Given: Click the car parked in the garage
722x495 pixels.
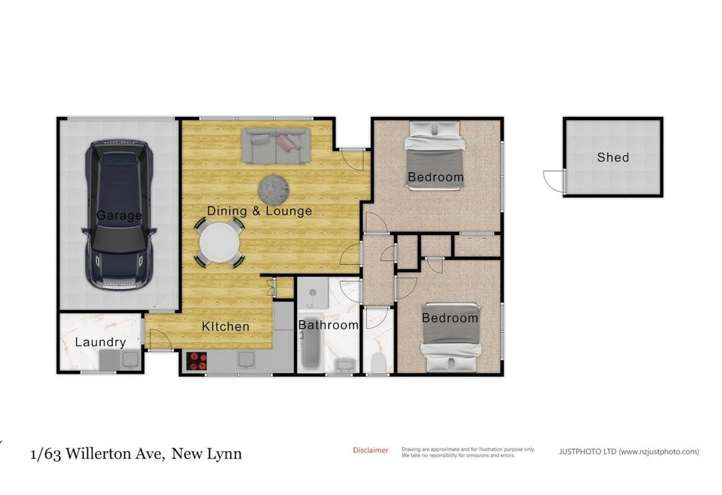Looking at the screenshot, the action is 119,215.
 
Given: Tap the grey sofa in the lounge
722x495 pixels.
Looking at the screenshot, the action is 276,146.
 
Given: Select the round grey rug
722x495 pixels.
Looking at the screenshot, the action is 273,189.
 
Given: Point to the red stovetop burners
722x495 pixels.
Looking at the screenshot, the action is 197,361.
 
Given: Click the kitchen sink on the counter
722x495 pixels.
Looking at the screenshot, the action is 246,361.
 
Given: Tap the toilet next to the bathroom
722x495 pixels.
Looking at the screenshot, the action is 378,363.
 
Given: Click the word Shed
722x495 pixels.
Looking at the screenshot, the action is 613,158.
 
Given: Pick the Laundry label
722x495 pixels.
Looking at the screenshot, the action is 100,342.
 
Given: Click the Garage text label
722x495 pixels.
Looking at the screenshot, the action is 119,215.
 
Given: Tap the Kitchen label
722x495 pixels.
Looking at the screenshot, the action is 226,327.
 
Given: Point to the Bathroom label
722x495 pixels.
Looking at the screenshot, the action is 329,325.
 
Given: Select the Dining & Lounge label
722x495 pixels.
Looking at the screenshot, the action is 260,211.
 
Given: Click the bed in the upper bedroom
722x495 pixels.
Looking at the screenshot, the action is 434,155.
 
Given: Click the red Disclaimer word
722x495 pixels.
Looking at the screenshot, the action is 371,450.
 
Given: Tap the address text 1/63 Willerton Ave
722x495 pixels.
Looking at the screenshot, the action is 97,454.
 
